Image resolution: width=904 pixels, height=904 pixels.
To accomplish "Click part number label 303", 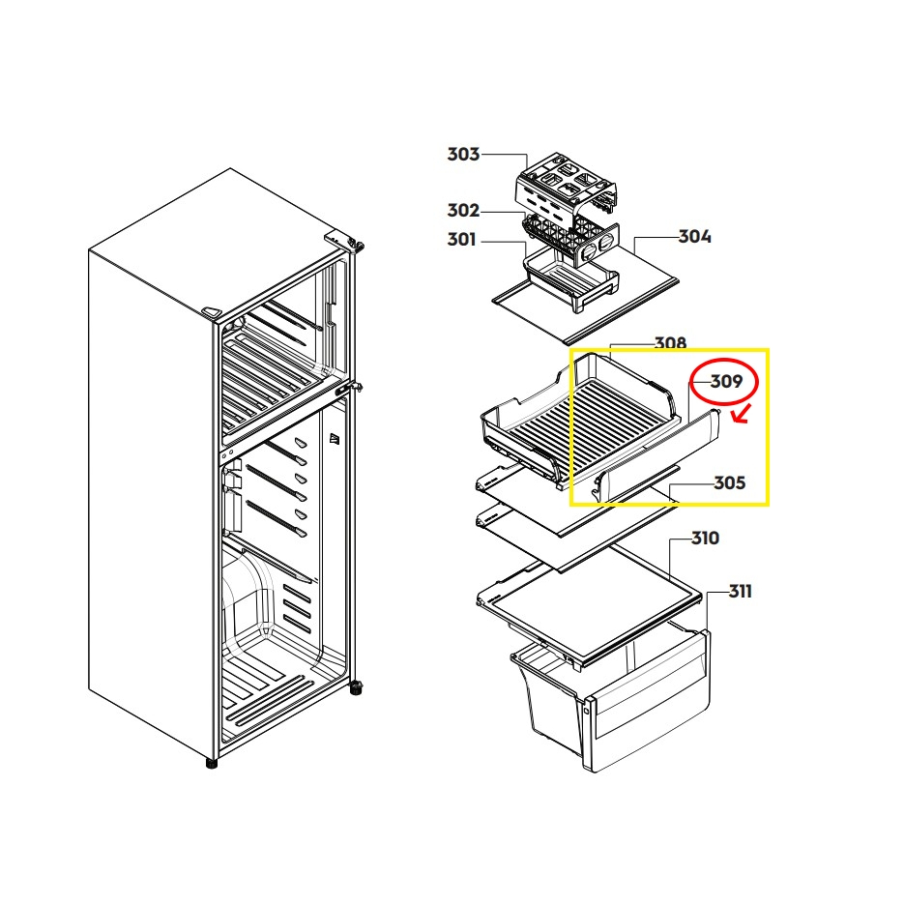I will [x=463, y=154].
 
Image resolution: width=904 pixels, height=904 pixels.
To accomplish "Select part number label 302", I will [x=463, y=210].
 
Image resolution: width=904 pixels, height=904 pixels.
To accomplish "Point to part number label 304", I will [x=694, y=236].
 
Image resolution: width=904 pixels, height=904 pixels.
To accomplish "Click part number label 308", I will [x=670, y=343].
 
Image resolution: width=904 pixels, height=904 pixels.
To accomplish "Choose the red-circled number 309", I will [x=726, y=382].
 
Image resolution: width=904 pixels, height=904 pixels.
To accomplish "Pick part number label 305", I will [x=729, y=483].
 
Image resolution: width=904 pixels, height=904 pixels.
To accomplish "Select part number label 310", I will [x=705, y=538].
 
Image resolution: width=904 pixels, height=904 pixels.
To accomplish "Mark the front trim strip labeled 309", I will [x=657, y=454].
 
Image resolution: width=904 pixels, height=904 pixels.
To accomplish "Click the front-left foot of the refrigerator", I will [x=211, y=763].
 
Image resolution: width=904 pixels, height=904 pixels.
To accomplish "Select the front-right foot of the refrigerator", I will [x=356, y=688].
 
